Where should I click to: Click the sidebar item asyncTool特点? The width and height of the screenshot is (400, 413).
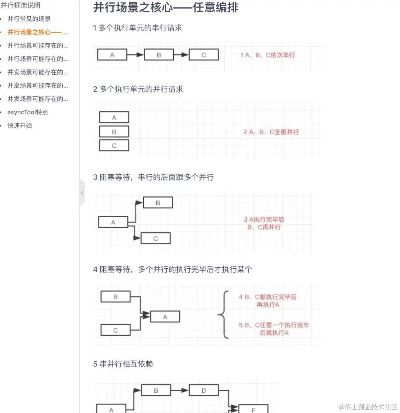click(x=28, y=112)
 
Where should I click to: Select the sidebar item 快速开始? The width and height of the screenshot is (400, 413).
click(x=20, y=125)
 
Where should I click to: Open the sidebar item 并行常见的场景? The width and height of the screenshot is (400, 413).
click(x=29, y=19)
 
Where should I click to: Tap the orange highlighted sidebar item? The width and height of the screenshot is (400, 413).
click(x=37, y=32)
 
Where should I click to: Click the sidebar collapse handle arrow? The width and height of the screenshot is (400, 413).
click(x=82, y=192)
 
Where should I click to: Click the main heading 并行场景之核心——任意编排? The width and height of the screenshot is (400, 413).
click(x=166, y=7)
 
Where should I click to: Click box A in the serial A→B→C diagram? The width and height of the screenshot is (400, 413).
click(x=112, y=55)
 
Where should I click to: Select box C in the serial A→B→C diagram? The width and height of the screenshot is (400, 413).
click(x=204, y=55)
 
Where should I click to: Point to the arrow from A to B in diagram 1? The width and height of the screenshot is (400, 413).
click(x=135, y=55)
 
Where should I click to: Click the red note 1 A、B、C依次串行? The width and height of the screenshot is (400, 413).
click(x=267, y=55)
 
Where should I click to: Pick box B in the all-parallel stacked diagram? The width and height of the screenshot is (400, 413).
click(x=114, y=131)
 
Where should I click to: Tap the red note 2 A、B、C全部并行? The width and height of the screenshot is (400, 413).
click(x=271, y=132)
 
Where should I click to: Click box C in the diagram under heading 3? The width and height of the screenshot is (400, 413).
click(x=156, y=238)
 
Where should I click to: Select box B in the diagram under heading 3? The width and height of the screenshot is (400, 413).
click(x=158, y=202)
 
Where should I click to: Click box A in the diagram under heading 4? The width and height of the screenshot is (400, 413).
click(x=165, y=317)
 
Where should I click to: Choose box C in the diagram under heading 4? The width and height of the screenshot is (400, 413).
click(x=116, y=330)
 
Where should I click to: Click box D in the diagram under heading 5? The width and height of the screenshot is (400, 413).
click(x=204, y=390)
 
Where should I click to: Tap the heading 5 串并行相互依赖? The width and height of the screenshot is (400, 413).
click(x=123, y=364)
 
